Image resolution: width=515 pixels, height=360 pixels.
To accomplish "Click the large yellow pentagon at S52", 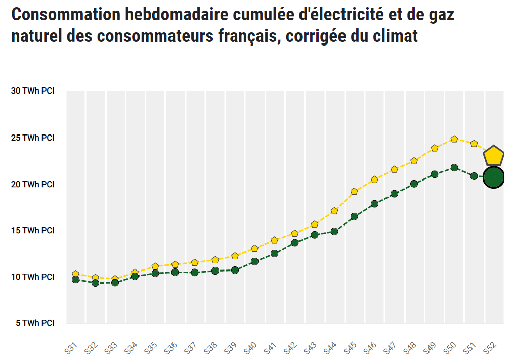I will pos(494,156).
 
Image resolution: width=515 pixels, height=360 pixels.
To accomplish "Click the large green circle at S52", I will pos(494,177).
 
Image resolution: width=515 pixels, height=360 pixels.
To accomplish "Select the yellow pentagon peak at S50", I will pos(454,139).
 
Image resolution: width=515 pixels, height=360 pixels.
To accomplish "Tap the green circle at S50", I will pos(454,168).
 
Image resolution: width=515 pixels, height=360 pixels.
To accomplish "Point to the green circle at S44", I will pos(334,232).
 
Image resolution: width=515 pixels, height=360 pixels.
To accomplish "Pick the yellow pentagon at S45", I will pos(354,192).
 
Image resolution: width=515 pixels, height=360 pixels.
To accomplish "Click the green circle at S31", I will pos(76,279).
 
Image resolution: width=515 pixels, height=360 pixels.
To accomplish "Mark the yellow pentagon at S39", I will pos(235,256).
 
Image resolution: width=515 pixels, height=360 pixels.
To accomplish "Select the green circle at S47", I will pos(395,194).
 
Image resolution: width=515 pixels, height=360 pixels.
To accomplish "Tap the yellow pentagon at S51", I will pos(474,144).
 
